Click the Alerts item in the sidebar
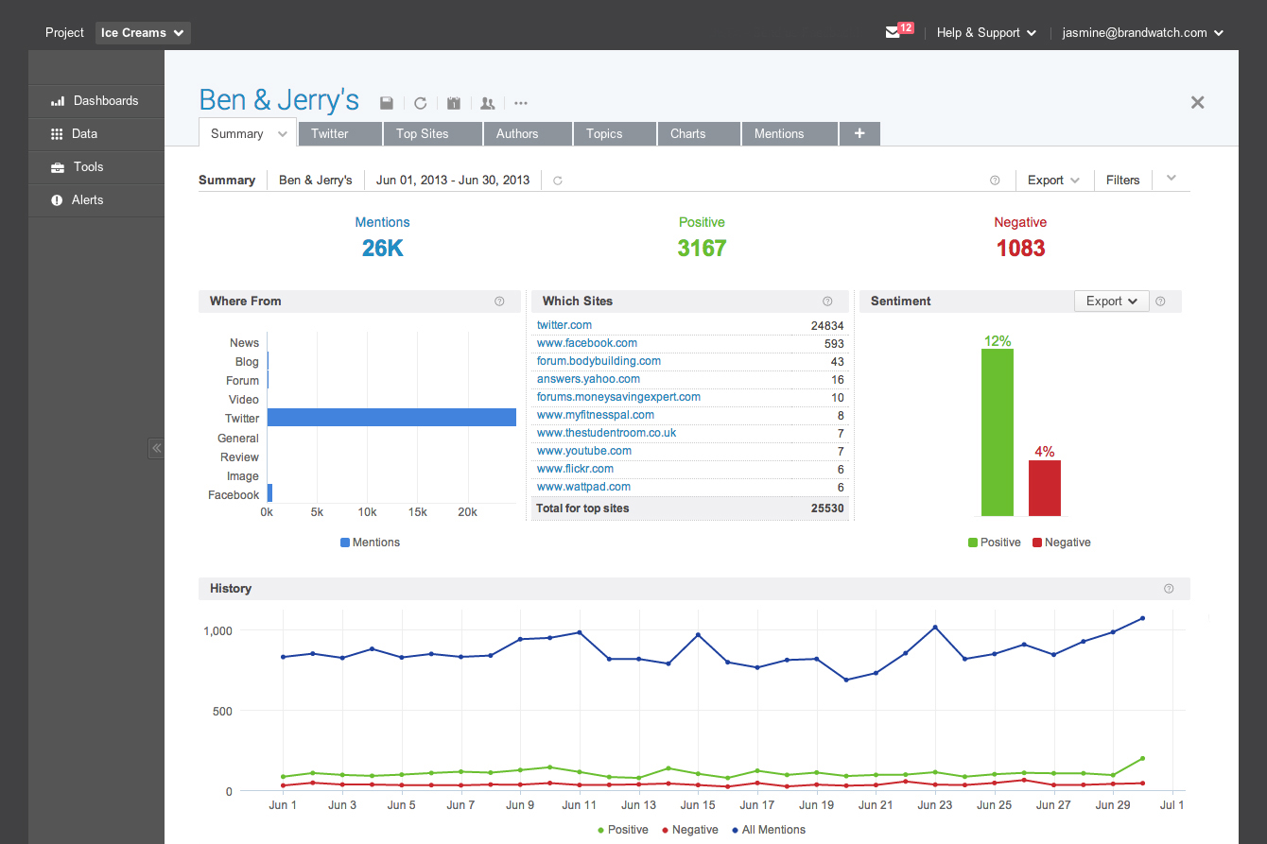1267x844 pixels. point(87,200)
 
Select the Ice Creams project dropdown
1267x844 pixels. point(143,33)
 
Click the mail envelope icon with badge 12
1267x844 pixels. point(894,32)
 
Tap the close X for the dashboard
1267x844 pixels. point(1197,102)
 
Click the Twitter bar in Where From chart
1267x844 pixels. point(391,417)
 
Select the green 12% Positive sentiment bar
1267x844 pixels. point(998,433)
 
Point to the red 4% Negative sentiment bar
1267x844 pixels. point(1044,488)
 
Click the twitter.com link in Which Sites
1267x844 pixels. point(564,325)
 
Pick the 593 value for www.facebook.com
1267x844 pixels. point(834,344)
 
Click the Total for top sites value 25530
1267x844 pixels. point(827,508)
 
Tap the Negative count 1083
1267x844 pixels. point(1020,249)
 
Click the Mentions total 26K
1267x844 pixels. point(382,249)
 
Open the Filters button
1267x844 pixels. point(1122,181)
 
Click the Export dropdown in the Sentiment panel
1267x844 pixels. point(1111,301)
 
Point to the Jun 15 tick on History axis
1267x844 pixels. point(698,805)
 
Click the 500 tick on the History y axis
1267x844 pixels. point(222,711)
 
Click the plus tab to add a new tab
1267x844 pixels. point(859,134)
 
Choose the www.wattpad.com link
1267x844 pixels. point(583,487)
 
